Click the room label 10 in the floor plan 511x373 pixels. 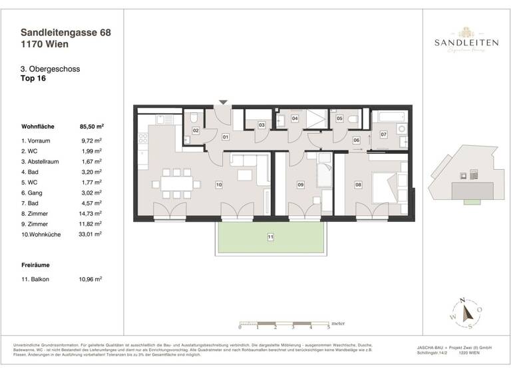point(218,185)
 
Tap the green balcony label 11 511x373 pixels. point(271,236)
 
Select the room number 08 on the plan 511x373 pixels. point(358,185)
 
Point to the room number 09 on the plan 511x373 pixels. point(300,185)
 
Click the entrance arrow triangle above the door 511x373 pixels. point(224,102)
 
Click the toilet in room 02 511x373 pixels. point(192,117)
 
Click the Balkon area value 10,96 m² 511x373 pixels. point(90,280)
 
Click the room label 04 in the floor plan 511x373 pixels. point(295,118)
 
